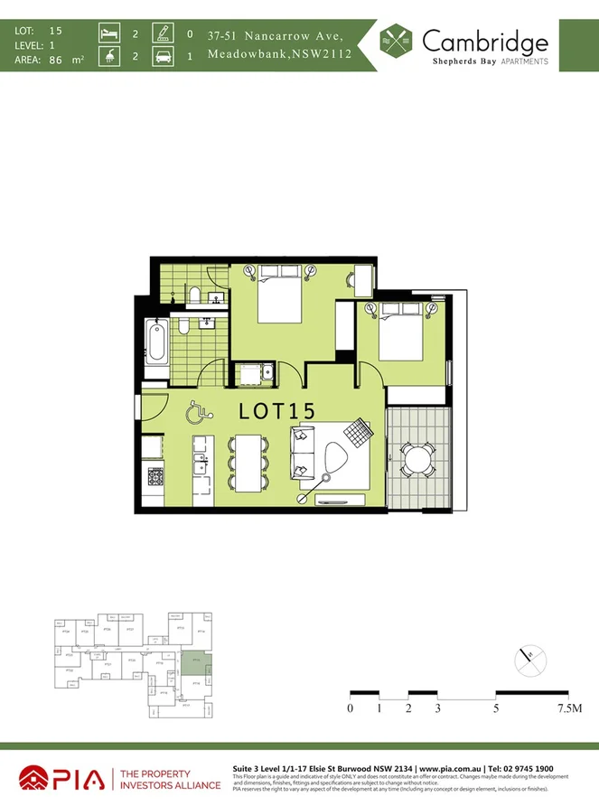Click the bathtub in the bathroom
click(x=155, y=349)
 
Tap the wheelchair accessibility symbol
click(x=198, y=413)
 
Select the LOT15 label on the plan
click(x=276, y=410)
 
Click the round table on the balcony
click(x=418, y=458)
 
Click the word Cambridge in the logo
click(x=484, y=41)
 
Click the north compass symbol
click(x=529, y=661)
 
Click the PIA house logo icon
click(x=35, y=778)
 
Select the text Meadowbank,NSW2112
click(x=279, y=54)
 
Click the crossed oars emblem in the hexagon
click(x=396, y=42)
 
